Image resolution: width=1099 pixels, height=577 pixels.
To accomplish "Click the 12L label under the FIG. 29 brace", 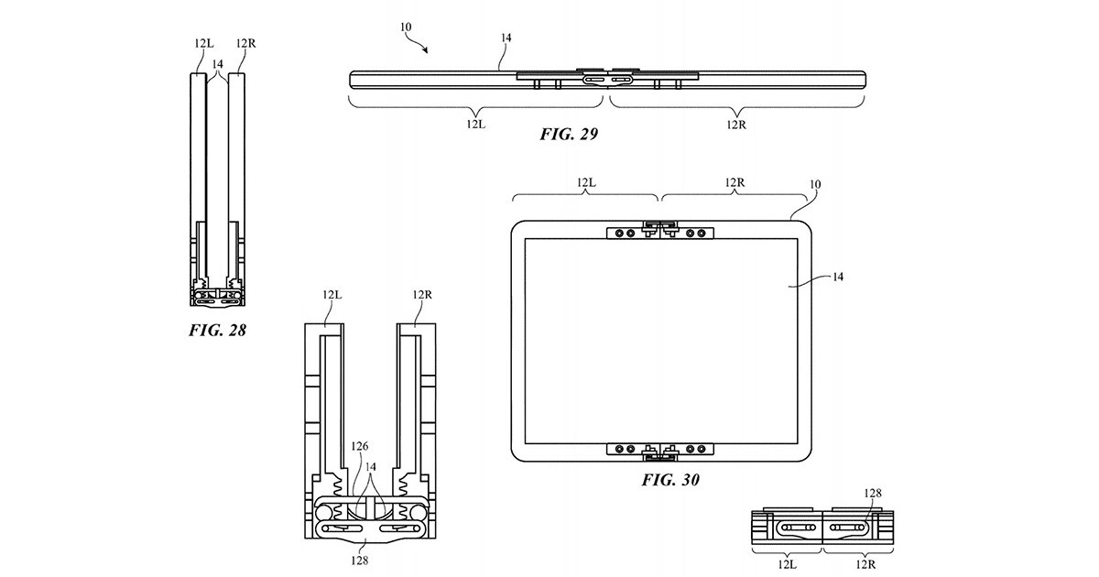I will point(475,125).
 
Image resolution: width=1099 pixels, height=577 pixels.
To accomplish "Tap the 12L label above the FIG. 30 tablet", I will point(586,182).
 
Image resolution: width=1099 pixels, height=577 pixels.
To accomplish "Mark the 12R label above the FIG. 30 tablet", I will point(734,182).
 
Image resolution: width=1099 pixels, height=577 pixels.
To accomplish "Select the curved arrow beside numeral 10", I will point(419,38).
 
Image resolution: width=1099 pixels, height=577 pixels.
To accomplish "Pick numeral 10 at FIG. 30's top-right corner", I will point(814,184).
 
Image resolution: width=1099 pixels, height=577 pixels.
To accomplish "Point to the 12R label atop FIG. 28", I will point(245,42).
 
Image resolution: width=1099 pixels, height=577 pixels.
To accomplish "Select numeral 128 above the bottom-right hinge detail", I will point(873,493).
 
